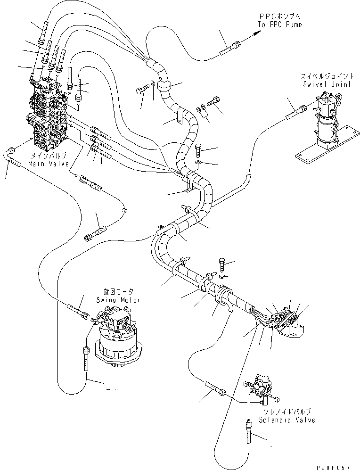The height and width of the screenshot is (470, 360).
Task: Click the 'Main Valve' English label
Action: click(x=47, y=163)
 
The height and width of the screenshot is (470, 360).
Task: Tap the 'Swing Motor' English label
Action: click(x=118, y=300)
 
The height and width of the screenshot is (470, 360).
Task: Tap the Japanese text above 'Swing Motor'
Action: click(x=118, y=292)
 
